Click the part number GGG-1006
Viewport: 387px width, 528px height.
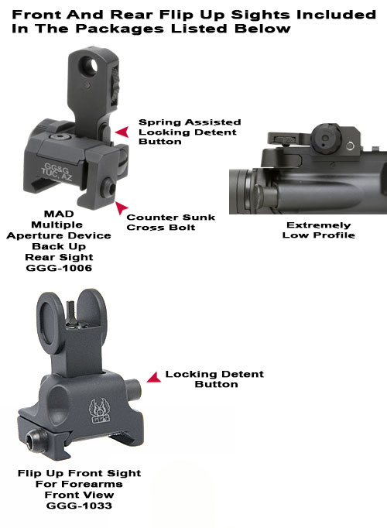[59, 268]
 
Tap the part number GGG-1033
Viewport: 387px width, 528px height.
[79, 506]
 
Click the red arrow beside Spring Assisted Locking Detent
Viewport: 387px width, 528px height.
[122, 132]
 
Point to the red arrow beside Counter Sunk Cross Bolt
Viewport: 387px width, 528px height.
[122, 207]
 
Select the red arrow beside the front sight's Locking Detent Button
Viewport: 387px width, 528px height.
[154, 378]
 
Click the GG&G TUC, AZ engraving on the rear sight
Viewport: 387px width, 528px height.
[57, 172]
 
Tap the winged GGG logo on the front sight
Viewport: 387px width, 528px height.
[99, 411]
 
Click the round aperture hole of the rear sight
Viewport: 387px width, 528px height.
[90, 65]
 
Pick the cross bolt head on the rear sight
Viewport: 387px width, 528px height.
[108, 187]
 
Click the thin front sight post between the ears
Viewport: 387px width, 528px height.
[71, 313]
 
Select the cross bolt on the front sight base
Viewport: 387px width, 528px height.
[36, 440]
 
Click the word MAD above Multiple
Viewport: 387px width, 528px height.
[59, 214]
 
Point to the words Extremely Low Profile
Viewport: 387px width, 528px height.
[318, 230]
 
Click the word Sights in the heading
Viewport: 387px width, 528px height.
[260, 15]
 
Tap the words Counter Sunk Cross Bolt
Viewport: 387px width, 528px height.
[170, 222]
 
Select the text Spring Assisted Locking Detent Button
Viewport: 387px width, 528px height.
[190, 132]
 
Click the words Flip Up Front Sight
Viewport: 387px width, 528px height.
[79, 473]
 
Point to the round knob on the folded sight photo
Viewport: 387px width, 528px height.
[326, 138]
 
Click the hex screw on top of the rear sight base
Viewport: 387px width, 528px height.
[60, 137]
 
